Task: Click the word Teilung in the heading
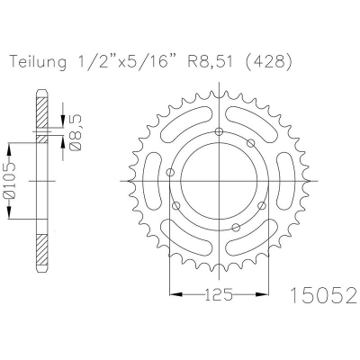[x=39, y=62]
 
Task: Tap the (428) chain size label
[x=268, y=62]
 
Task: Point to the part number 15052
[x=324, y=295]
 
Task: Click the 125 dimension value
[x=219, y=294]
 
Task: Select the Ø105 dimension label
[x=8, y=182]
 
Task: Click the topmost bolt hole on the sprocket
[x=220, y=131]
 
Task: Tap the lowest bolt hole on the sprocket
[x=237, y=228]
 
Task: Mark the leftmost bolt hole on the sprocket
[x=170, y=172]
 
